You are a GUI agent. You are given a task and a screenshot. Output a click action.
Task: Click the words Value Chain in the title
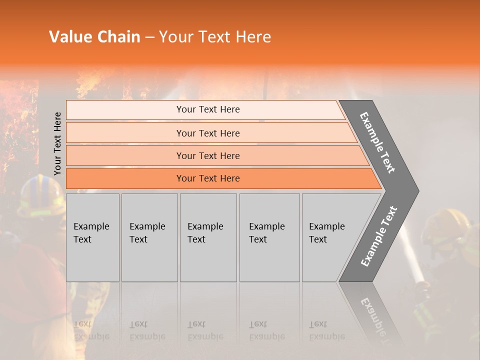coord(94,37)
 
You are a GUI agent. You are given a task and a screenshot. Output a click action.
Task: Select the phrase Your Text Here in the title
coord(214,37)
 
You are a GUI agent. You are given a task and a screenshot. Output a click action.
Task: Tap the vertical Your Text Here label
coord(57,143)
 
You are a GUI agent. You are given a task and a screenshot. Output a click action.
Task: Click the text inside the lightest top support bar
coord(208,109)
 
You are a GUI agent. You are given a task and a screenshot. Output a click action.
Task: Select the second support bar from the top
coord(208,133)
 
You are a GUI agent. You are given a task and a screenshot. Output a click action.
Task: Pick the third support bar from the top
coord(208,156)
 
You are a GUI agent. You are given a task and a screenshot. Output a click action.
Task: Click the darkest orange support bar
coord(208,178)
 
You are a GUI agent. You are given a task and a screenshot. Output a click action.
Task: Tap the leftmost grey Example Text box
coord(92,237)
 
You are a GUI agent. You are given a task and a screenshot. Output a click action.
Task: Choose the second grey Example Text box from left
coord(149,237)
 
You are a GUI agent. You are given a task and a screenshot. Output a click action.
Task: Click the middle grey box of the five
coord(208,237)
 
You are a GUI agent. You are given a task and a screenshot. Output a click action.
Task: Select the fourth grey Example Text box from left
coord(269,237)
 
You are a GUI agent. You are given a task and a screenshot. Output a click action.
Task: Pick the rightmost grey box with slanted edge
coord(330,237)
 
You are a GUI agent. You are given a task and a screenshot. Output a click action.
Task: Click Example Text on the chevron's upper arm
coord(378,142)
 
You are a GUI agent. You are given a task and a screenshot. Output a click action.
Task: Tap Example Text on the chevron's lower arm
coord(379,236)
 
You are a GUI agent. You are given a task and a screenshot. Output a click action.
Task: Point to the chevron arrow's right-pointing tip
coord(416,191)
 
